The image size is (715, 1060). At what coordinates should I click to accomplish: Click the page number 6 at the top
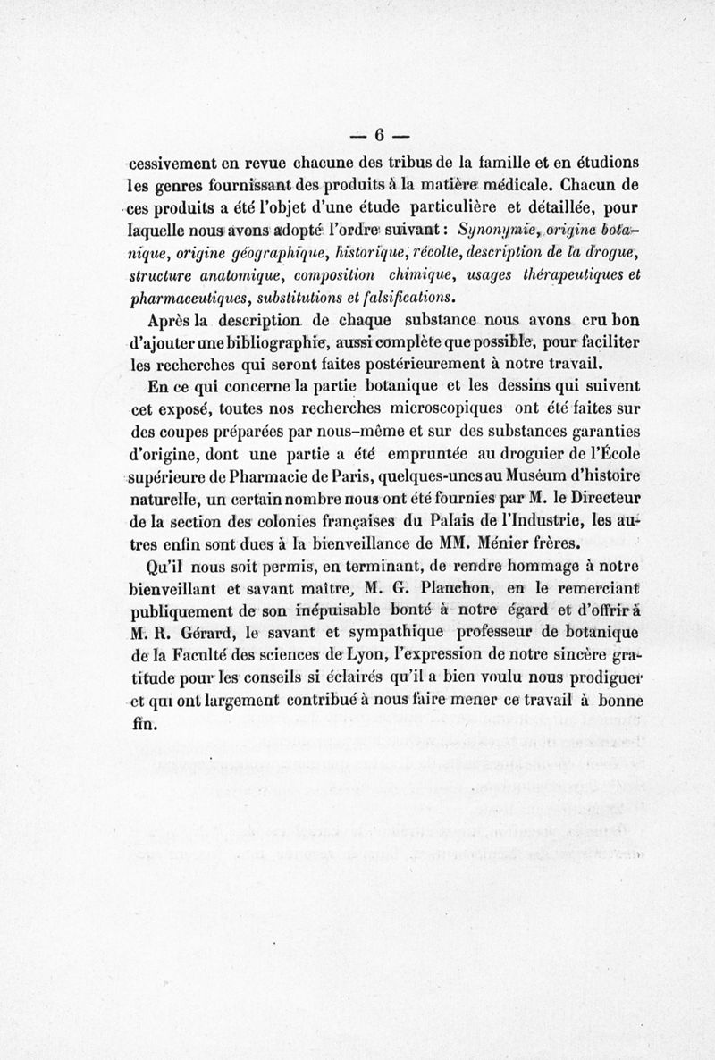point(379,136)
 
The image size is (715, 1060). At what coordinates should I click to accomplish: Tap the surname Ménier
point(522,542)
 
